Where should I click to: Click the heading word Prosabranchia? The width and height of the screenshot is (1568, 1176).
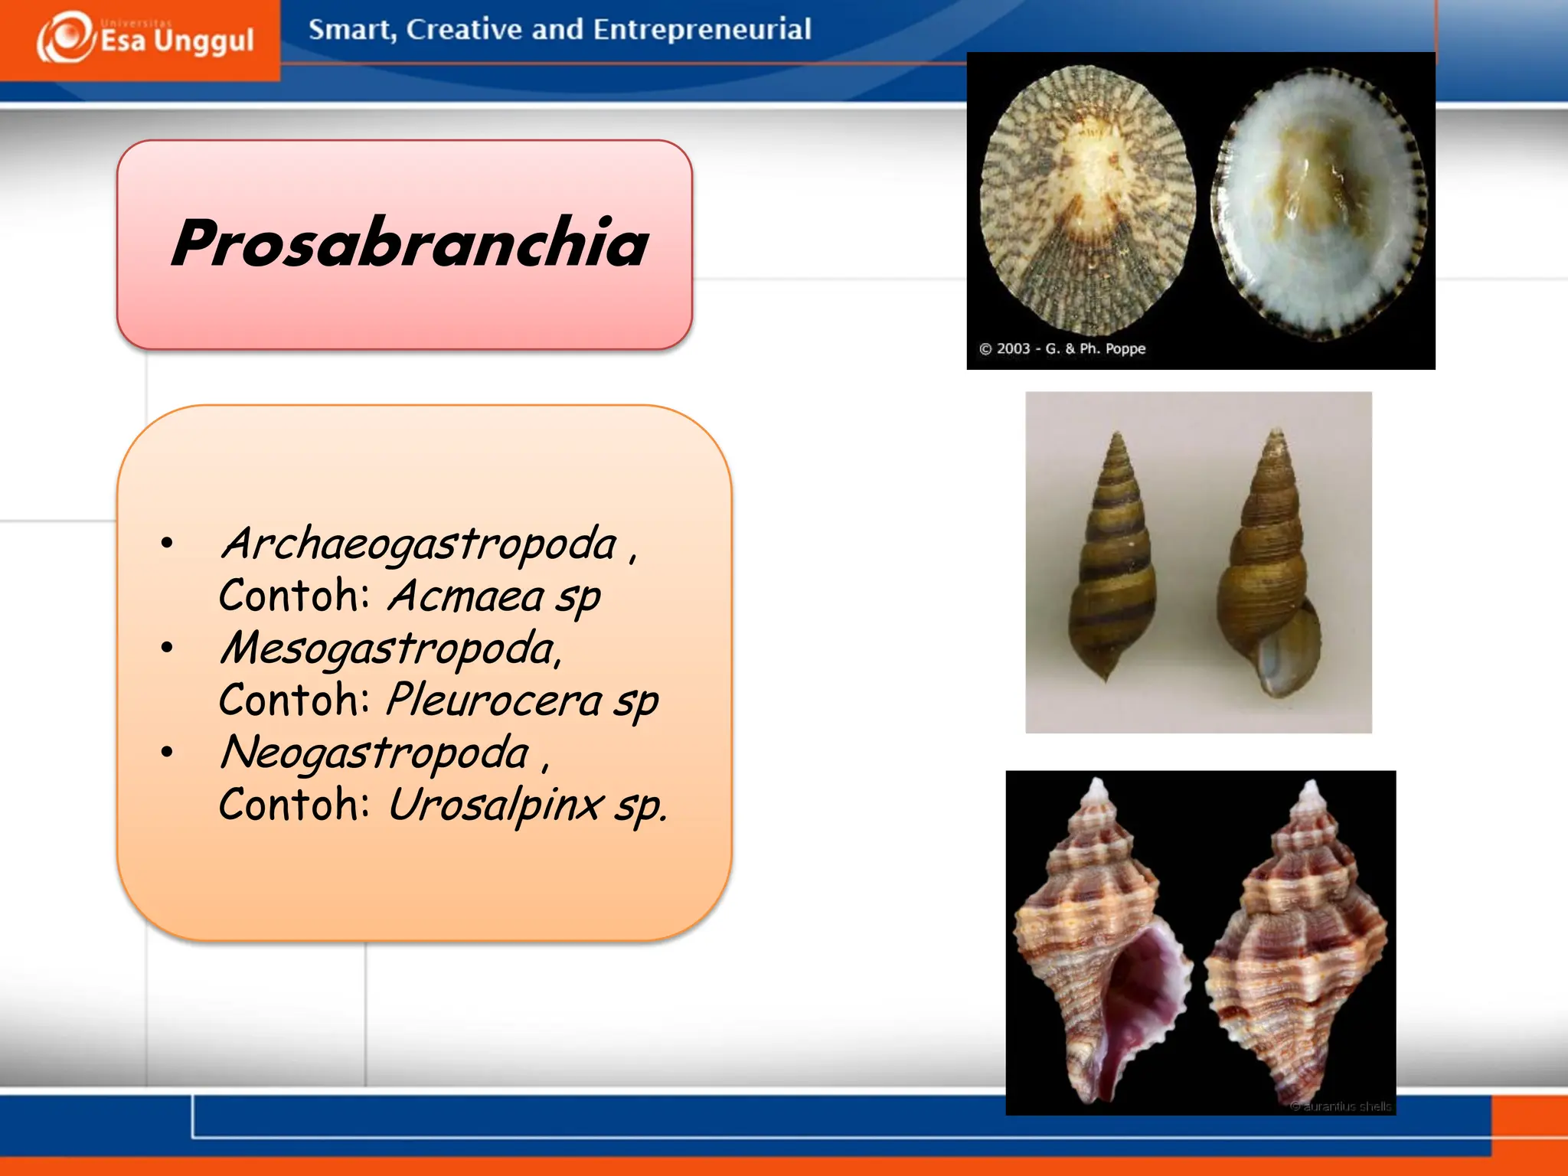pos(410,243)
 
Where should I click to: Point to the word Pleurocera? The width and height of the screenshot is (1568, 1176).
pos(495,701)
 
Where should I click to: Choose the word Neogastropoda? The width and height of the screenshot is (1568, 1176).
pos(374,753)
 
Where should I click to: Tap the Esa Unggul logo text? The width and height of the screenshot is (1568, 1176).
pos(177,41)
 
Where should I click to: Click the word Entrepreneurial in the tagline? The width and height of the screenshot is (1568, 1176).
pos(701,30)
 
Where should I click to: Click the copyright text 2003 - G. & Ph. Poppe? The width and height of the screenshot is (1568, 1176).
pos(1063,349)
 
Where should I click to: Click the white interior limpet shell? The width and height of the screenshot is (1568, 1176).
pos(1319,204)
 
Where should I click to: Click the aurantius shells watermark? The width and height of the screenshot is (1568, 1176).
pos(1341,1106)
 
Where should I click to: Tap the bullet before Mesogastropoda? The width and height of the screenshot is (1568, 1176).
pos(167,648)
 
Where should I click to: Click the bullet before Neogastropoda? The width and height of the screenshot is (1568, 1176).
pos(167,753)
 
